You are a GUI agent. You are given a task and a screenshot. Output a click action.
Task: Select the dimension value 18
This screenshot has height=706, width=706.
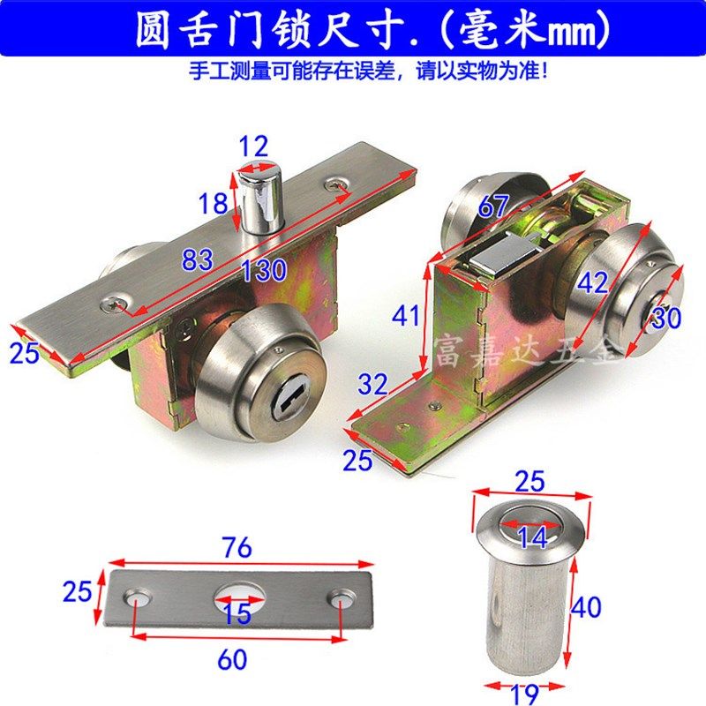coord(214,205)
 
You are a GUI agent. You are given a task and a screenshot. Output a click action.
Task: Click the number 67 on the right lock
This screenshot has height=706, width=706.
coord(493,207)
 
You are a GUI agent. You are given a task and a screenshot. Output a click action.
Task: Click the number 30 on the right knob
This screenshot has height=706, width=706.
coord(666,317)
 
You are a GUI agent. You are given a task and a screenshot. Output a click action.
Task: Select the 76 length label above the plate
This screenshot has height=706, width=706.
coord(237,547)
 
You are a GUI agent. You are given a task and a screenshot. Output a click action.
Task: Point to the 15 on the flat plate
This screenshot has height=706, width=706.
coord(237,612)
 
